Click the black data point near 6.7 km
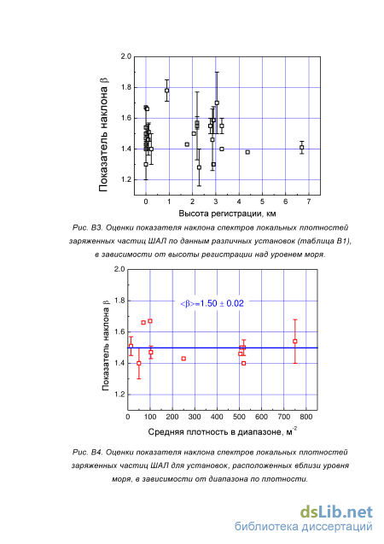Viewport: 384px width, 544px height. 302,148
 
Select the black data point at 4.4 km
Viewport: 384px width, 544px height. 247,152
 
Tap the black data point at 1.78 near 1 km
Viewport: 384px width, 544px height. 166,91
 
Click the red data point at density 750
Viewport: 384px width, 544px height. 295,342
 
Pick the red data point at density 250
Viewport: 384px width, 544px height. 183,359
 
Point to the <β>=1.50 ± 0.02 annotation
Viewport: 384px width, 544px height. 212,303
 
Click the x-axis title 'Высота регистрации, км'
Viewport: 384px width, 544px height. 227,214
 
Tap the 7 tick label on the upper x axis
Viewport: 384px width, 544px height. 309,202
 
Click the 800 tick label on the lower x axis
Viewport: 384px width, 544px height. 306,417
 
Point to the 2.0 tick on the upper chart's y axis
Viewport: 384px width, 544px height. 126,56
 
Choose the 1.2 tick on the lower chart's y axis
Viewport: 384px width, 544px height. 120,395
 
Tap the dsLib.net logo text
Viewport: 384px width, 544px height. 336,512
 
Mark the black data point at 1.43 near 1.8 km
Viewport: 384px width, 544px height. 187,144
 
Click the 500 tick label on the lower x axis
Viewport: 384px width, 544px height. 239,417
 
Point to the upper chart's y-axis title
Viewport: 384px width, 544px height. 103,134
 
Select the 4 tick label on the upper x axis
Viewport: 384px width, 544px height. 239,202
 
